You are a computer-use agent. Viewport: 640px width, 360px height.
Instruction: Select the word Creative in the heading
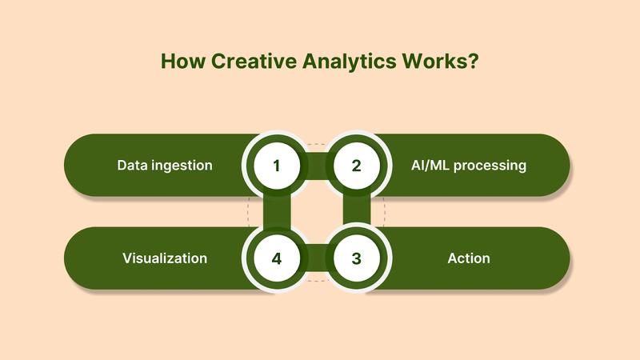tap(238, 62)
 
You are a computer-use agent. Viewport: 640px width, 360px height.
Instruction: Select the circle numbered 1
tap(277, 166)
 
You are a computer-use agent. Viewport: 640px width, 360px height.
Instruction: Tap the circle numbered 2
tap(357, 166)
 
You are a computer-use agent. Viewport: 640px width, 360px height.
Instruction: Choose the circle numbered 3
tap(357, 258)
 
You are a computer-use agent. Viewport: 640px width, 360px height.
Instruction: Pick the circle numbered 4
tap(277, 258)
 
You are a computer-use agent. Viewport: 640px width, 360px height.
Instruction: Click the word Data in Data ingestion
tap(132, 166)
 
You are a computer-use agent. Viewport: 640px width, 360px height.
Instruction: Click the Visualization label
tap(165, 258)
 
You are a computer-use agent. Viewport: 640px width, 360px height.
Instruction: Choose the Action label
tap(469, 258)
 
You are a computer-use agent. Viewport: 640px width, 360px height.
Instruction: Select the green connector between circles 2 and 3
tap(357, 212)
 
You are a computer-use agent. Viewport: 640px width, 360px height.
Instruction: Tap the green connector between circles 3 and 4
tap(317, 258)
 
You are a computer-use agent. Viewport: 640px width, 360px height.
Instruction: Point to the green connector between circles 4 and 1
tap(277, 212)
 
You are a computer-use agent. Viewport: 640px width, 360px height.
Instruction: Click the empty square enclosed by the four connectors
tap(317, 212)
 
